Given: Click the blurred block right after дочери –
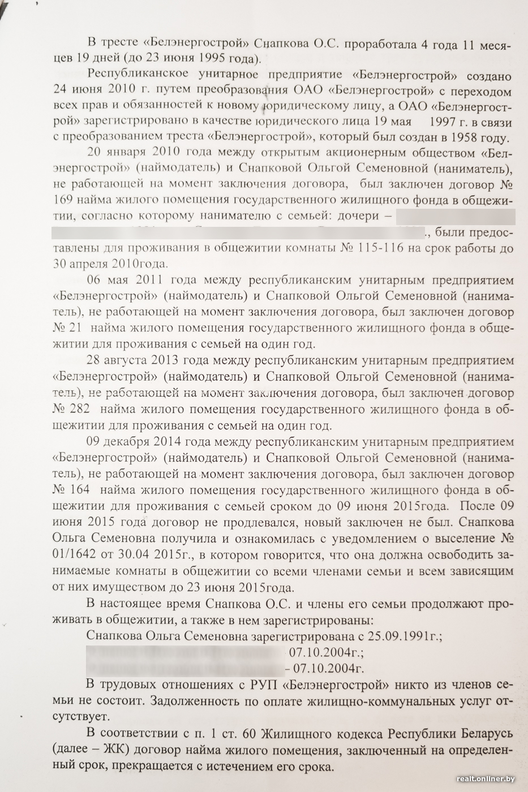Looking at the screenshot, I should click(x=456, y=216).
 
